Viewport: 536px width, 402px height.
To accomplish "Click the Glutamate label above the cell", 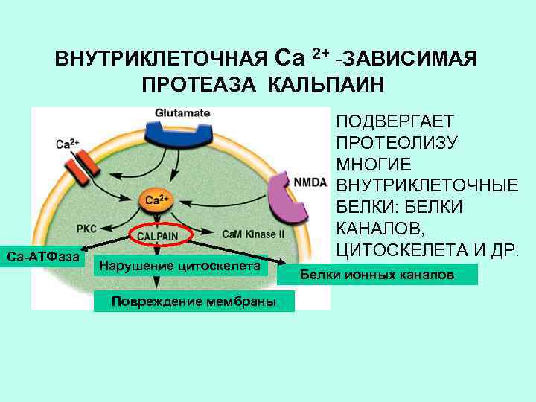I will click(183, 112).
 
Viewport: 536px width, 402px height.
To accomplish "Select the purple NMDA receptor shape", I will click(286, 198).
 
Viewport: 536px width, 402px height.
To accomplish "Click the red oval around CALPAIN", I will click(161, 234).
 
